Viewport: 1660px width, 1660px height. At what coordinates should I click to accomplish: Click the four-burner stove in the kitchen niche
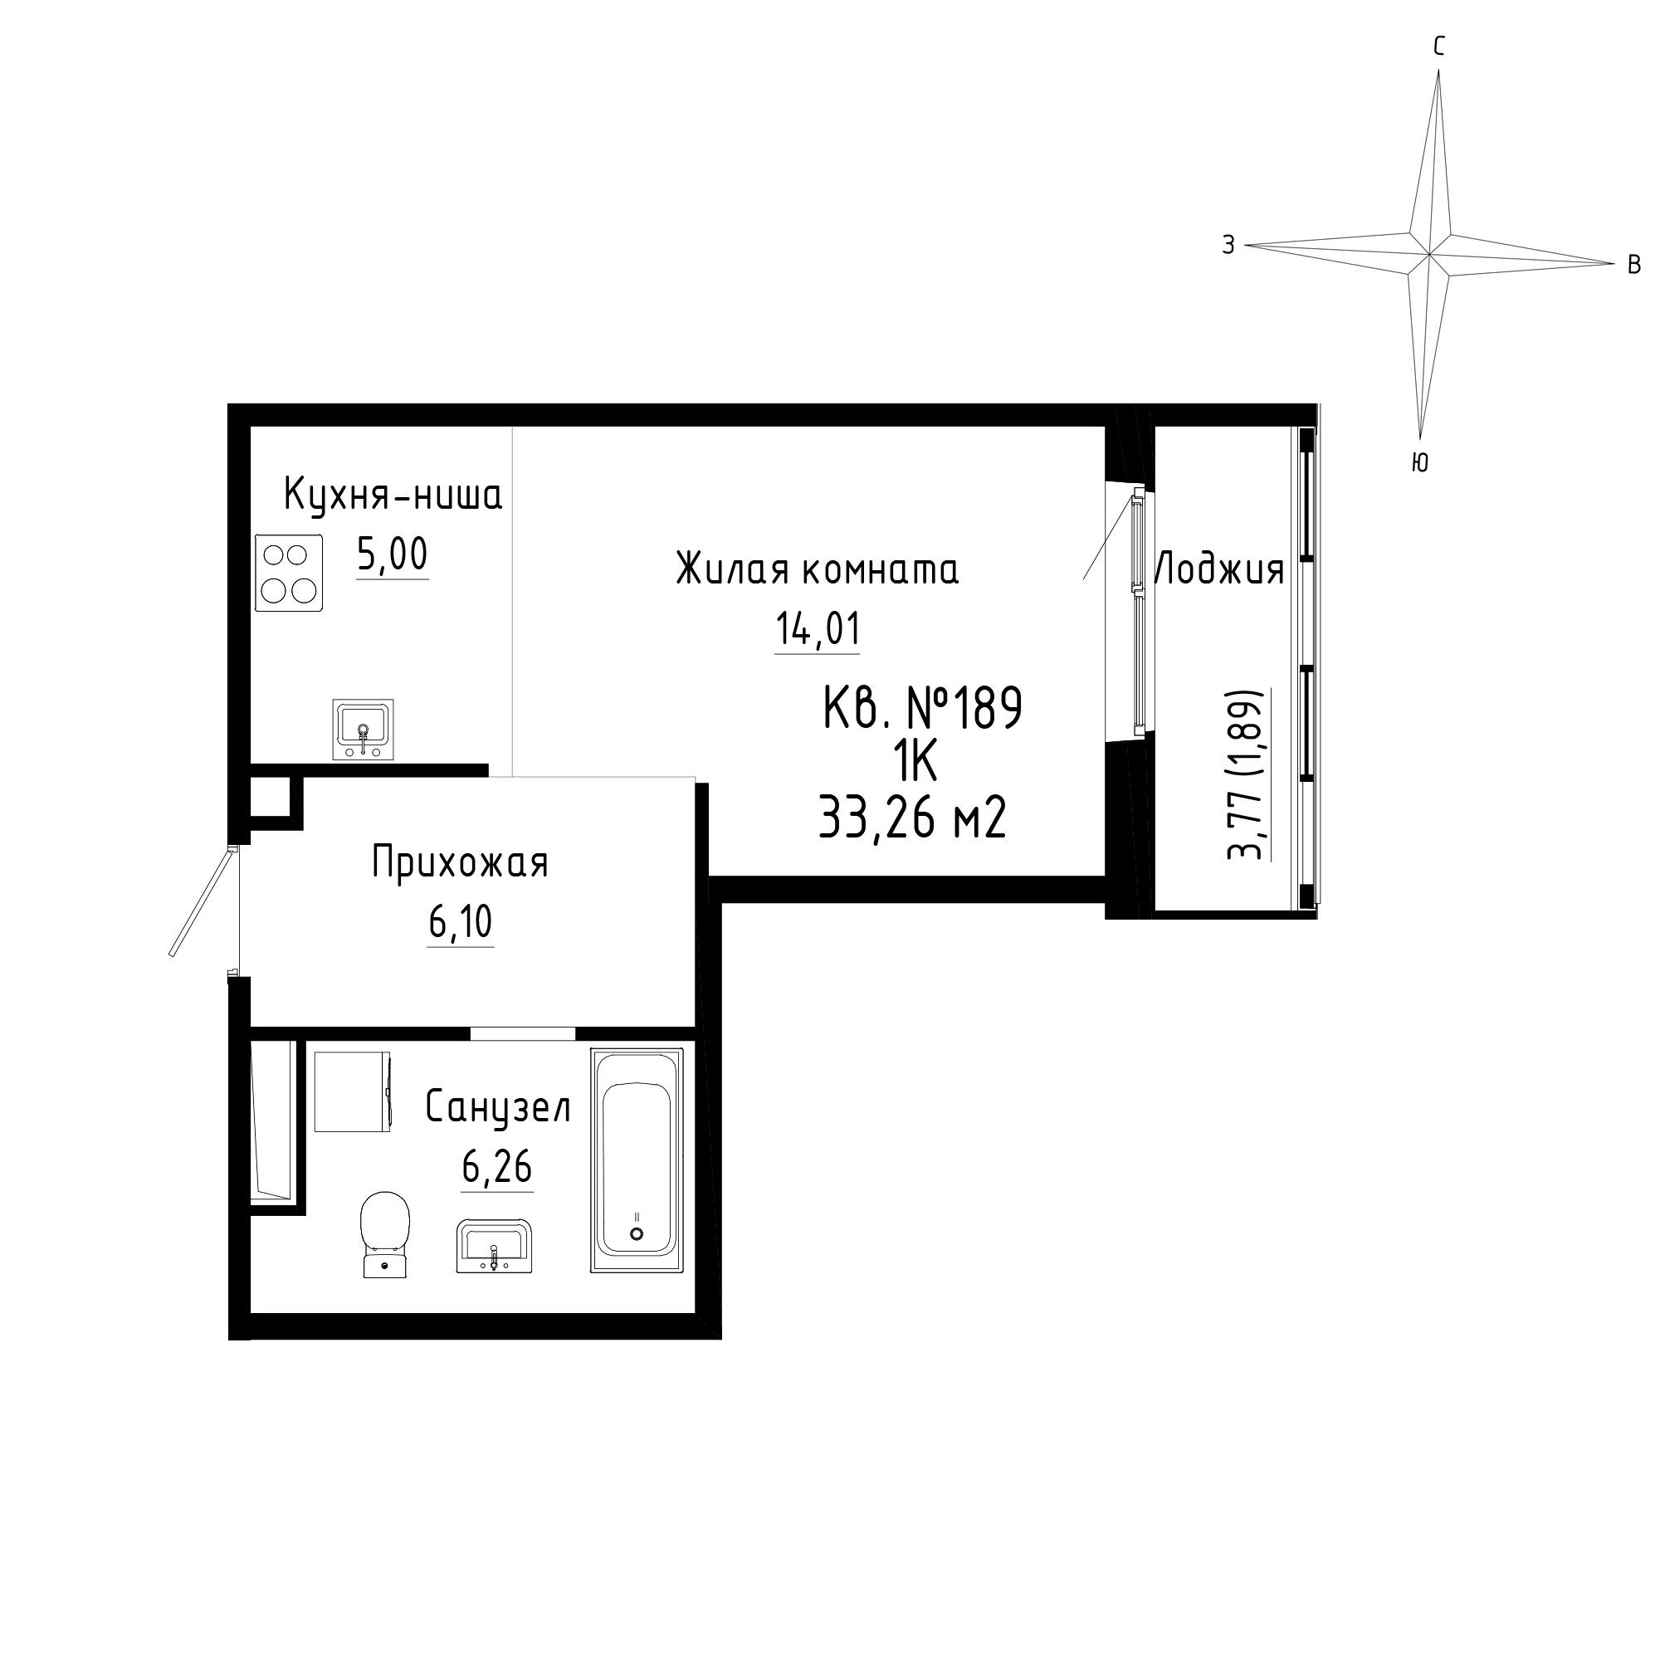tap(289, 572)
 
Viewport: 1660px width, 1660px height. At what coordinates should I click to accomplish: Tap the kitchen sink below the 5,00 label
tap(363, 730)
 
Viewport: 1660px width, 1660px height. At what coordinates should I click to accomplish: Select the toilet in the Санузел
tap(386, 1235)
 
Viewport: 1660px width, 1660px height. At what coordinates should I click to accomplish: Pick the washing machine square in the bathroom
tap(353, 1092)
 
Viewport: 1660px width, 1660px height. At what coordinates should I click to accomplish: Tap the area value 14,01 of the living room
tap(818, 629)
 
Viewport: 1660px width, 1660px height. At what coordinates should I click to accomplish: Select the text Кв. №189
tap(923, 710)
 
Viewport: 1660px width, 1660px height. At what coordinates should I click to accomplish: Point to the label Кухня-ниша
tap(393, 496)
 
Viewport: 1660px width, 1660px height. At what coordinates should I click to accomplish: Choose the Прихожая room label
tap(460, 862)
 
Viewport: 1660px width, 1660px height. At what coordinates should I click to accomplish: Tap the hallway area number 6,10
tap(461, 923)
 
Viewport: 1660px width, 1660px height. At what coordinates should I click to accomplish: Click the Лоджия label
tap(1218, 569)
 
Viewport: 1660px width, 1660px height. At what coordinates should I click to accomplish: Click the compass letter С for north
tap(1439, 46)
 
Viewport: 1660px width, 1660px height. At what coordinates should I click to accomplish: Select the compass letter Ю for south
tap(1420, 463)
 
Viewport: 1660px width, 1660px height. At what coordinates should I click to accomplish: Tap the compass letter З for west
tap(1228, 245)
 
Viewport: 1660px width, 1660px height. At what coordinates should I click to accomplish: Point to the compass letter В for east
tap(1634, 265)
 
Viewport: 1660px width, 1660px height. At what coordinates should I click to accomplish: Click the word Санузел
tap(498, 1107)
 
